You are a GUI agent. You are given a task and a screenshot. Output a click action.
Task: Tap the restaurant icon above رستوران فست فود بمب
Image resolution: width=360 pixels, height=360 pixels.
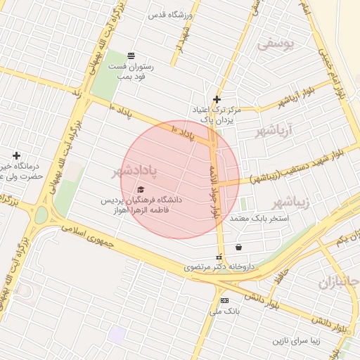click(x=131, y=56)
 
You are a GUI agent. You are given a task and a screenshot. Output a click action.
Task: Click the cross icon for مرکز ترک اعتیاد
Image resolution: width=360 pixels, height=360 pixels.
click(x=217, y=99)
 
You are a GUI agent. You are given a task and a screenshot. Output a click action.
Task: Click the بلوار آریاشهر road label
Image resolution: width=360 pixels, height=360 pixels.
click(x=297, y=98)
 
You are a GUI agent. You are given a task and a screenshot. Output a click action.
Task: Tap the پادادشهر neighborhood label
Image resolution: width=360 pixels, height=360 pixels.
click(x=135, y=171)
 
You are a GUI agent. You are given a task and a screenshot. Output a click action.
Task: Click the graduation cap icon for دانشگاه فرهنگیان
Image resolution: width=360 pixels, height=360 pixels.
click(x=140, y=190)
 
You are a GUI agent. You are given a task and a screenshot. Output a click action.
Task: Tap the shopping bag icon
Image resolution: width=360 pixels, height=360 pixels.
click(x=239, y=247)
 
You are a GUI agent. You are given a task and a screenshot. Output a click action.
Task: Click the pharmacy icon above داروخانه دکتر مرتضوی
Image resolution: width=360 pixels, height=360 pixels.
click(x=219, y=257)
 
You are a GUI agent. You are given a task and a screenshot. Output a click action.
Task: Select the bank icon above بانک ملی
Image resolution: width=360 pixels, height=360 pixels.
click(x=224, y=300)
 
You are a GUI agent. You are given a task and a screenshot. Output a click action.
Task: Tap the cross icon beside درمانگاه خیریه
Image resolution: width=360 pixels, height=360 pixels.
click(x=16, y=155)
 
